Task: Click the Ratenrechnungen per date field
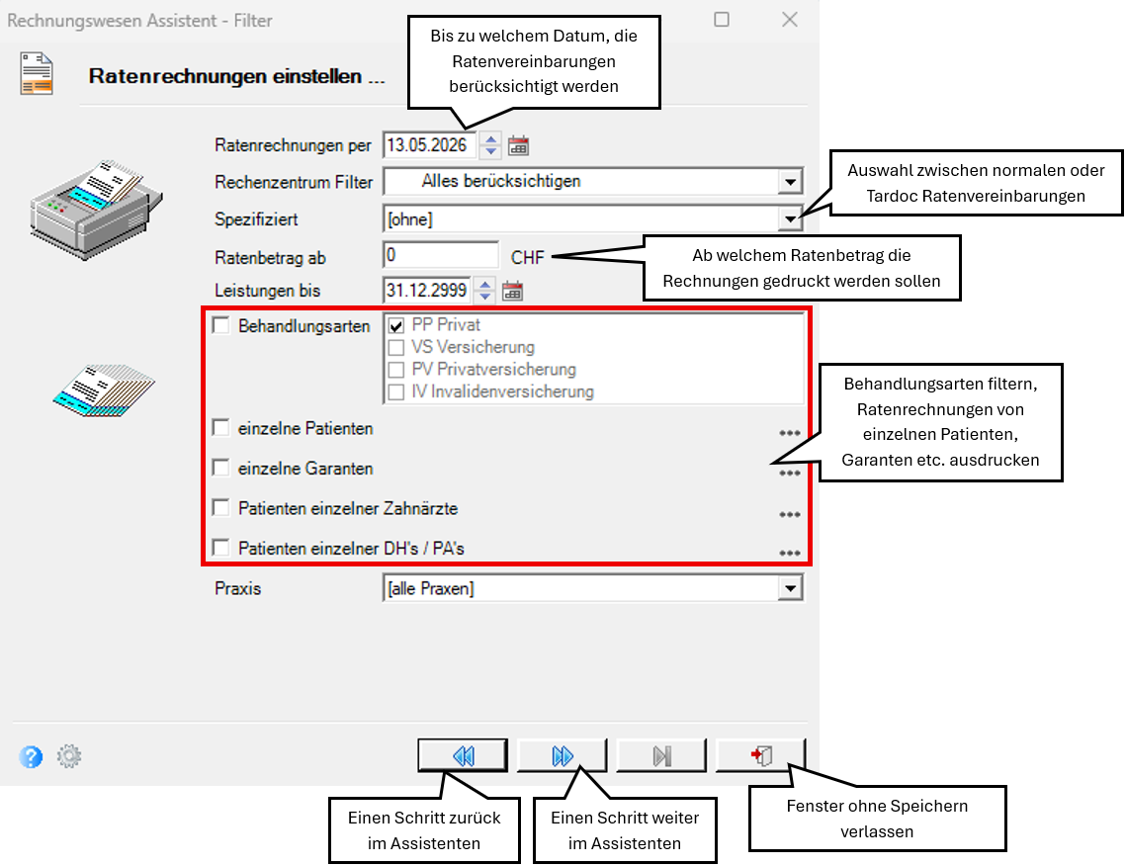pos(429,145)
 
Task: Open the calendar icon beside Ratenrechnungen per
pos(518,145)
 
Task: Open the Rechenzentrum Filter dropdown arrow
pos(790,182)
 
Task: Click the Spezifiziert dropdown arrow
pos(790,219)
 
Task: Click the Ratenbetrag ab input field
pos(440,255)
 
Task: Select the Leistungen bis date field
pos(427,290)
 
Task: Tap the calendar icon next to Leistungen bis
pos(513,291)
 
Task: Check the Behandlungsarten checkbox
pos(221,325)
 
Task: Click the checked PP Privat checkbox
pos(395,326)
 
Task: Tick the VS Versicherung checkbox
pos(395,348)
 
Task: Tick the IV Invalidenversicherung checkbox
pos(395,392)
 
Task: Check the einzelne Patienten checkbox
pos(221,428)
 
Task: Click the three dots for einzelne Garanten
pos(790,473)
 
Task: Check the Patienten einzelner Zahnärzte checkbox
pos(221,508)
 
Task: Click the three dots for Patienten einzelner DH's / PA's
pos(790,553)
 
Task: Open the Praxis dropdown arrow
pos(790,589)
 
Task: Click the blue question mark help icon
pos(31,756)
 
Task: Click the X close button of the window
pos(790,20)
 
